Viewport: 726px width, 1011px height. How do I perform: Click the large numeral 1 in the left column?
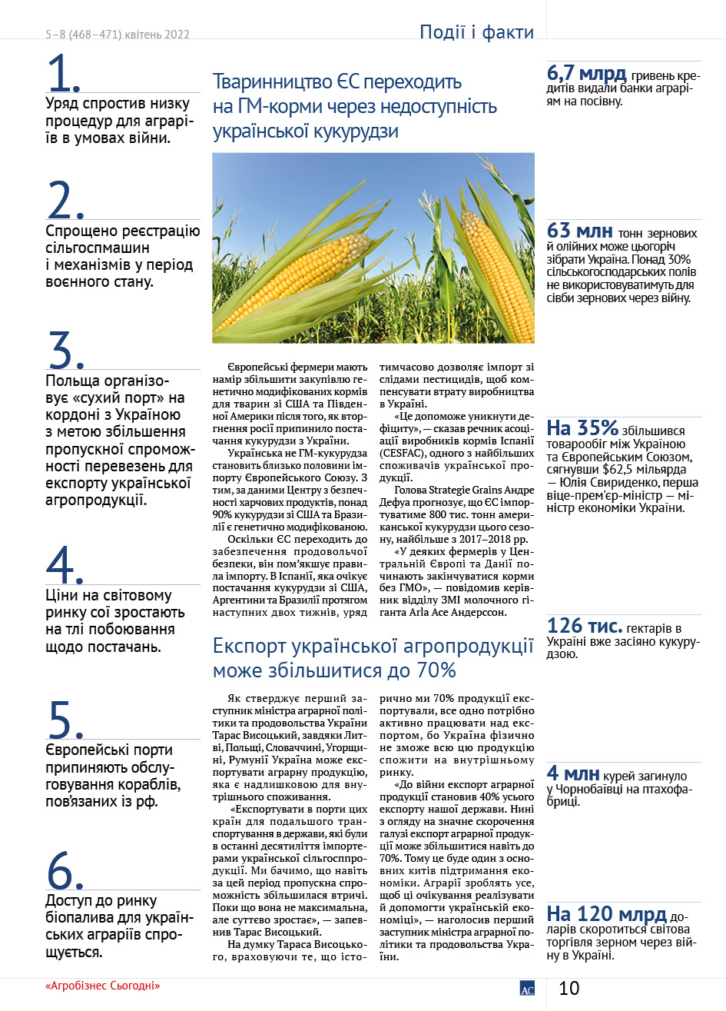tap(63, 75)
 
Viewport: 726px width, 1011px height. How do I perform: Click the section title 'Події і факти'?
tap(476, 32)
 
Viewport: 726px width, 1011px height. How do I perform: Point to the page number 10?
tap(569, 988)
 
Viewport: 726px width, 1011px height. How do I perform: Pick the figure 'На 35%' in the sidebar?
tap(582, 428)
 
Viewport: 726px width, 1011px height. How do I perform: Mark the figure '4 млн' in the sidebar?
tap(573, 774)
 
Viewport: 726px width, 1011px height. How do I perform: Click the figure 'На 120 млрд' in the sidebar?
tap(606, 914)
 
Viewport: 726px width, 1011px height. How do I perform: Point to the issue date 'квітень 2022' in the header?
tap(158, 35)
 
